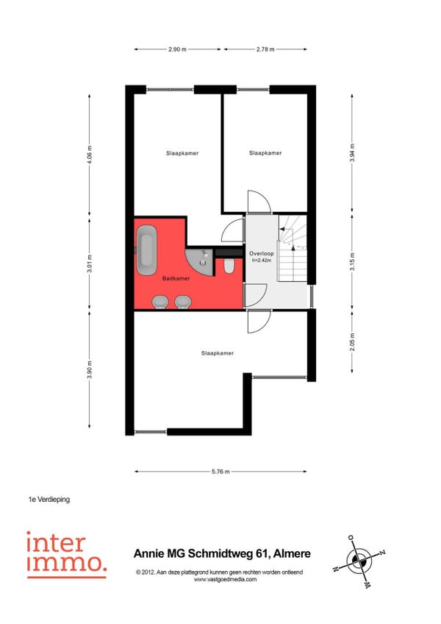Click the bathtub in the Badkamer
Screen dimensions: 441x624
[x=146, y=249]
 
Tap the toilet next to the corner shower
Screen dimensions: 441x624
[x=229, y=266]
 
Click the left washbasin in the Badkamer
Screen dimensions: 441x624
[x=160, y=302]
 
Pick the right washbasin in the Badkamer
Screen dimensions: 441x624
[x=183, y=302]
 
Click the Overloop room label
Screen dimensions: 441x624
[x=261, y=253]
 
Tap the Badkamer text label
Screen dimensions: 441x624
[x=176, y=279]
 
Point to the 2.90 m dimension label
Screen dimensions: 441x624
[x=177, y=49]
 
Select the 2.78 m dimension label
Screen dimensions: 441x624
[x=265, y=49]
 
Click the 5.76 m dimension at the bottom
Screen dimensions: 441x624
[x=220, y=472]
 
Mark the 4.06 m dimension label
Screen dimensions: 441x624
[x=90, y=155]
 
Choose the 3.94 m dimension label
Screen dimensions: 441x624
[x=352, y=153]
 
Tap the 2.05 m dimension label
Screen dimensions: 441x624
[x=352, y=342]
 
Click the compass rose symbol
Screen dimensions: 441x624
[x=359, y=561]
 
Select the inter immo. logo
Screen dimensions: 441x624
[x=66, y=555]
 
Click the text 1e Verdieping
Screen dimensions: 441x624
[x=49, y=499]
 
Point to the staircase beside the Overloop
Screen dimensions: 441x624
[x=293, y=248]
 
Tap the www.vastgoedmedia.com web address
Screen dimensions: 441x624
[x=225, y=579]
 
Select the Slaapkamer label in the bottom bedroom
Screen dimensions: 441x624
[x=217, y=353]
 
